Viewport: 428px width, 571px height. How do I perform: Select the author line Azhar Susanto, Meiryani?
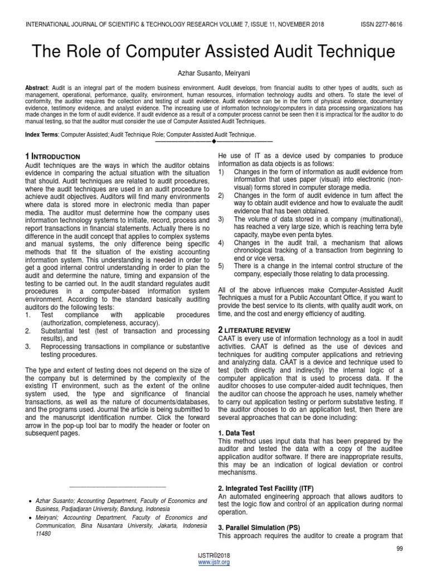point(214,73)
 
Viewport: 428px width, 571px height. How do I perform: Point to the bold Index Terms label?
point(42,134)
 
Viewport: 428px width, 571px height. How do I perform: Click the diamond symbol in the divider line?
point(214,142)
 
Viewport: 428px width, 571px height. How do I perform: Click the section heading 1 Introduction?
point(53,157)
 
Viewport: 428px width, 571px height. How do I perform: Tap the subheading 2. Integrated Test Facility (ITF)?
point(266,488)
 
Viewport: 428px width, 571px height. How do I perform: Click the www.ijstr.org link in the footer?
point(214,562)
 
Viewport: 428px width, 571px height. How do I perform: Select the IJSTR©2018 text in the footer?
point(214,556)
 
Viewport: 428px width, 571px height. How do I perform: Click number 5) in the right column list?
point(221,265)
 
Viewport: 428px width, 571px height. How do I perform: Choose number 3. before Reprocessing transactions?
point(28,346)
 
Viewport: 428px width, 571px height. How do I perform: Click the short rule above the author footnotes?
point(119,487)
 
